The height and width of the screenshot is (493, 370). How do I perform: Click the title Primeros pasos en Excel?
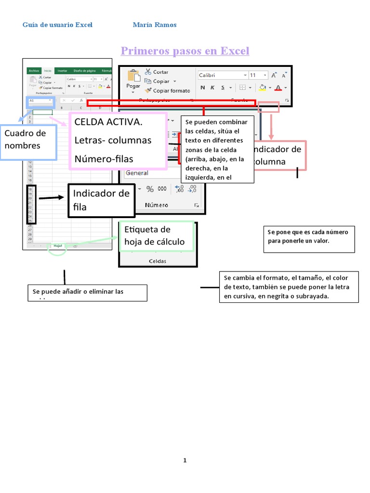185,51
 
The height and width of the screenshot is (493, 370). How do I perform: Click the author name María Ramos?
154,25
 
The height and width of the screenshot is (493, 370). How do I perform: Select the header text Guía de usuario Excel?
57,25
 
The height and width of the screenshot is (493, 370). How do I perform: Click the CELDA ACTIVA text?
108,122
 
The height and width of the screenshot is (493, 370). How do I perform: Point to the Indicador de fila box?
101,200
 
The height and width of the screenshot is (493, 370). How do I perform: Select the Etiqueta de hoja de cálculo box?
156,236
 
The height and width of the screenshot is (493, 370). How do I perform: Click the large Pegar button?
133,79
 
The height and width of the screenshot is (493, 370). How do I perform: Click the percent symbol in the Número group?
150,189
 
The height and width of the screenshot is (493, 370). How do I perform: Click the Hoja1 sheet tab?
58,246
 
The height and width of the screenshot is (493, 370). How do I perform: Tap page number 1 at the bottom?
185,460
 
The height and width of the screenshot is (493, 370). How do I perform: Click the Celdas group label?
158,261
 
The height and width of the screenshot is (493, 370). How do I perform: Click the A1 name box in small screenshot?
40,101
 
